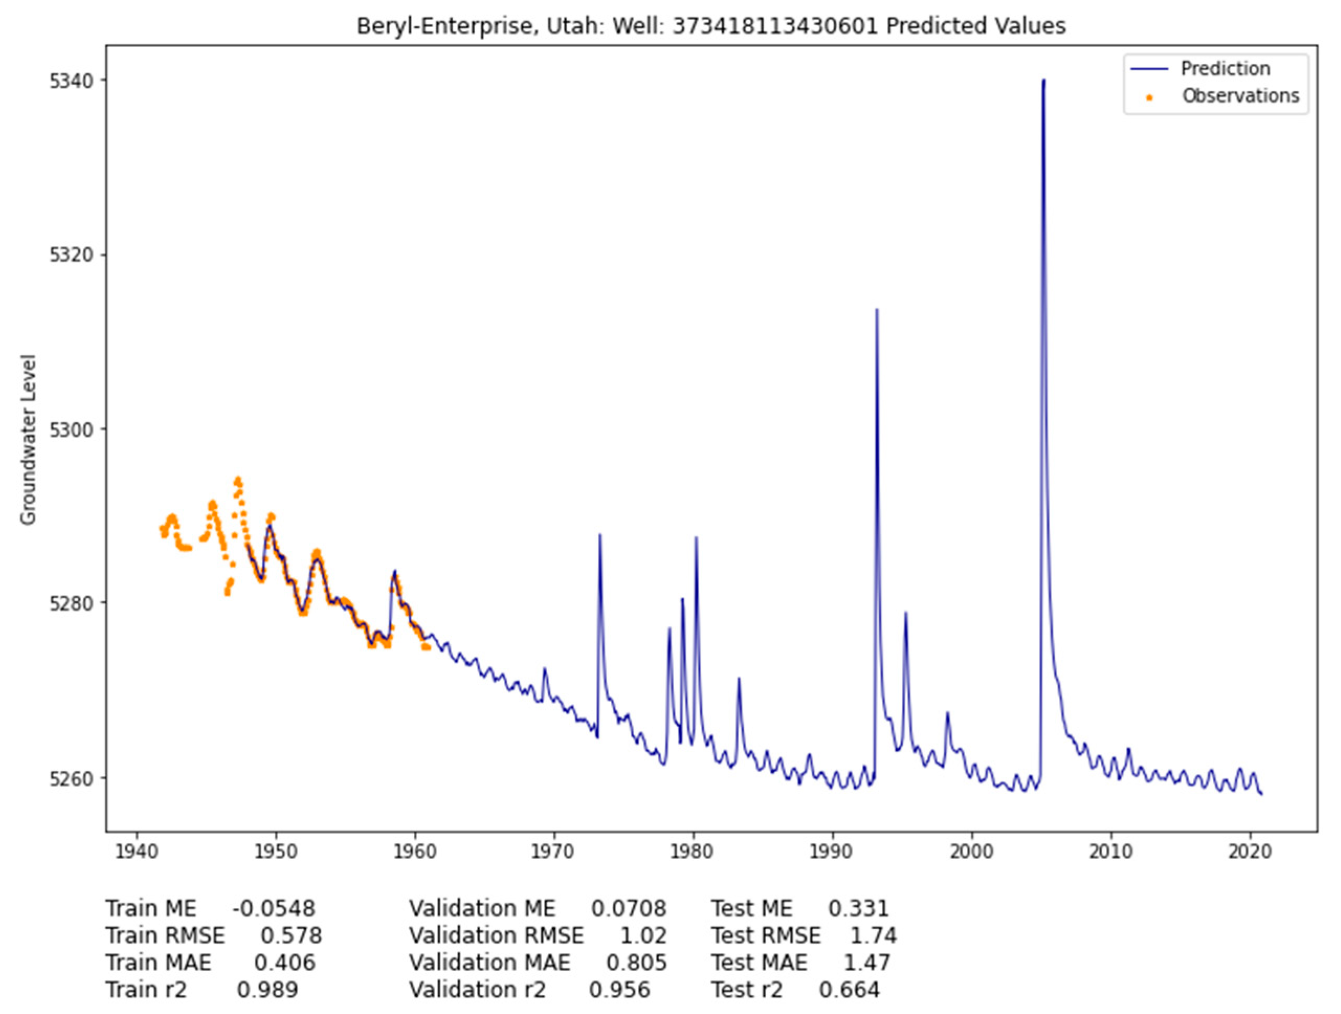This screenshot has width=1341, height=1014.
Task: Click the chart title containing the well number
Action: pyautogui.click(x=710, y=26)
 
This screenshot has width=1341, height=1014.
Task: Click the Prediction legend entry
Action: pyautogui.click(x=1225, y=69)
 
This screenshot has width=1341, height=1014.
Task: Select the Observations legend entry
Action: pyautogui.click(x=1241, y=96)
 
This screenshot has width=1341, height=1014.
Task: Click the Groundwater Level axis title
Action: pyautogui.click(x=28, y=440)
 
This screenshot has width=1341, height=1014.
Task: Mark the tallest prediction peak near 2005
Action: pyautogui.click(x=1043, y=81)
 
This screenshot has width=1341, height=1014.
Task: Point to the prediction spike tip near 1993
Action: pyautogui.click(x=877, y=310)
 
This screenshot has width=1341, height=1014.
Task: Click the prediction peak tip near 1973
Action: pyautogui.click(x=599, y=535)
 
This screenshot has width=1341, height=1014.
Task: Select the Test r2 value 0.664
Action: pyautogui.click(x=849, y=989)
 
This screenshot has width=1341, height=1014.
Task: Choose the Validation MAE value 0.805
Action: pyautogui.click(x=636, y=963)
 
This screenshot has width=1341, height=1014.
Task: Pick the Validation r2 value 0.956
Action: pyautogui.click(x=619, y=989)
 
